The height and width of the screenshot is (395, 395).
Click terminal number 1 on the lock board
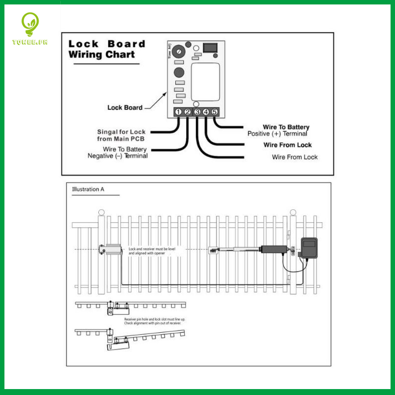tap(178, 112)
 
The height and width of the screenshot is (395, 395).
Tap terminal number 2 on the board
tap(188, 112)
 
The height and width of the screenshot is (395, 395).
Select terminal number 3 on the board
tap(197, 112)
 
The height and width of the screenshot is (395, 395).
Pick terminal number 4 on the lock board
tap(206, 112)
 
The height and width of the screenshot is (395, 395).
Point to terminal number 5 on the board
tap(215, 112)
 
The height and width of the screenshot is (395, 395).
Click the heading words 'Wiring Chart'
tap(101, 54)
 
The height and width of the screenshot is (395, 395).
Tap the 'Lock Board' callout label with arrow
tap(125, 107)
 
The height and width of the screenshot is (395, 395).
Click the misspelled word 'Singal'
tap(108, 132)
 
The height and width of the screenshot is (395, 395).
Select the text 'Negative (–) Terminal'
tap(118, 156)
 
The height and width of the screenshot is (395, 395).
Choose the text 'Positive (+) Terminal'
tap(277, 134)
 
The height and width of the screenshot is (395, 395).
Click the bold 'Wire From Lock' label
tap(287, 145)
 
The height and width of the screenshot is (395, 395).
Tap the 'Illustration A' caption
tap(88, 189)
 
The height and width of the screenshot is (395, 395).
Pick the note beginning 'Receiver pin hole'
tap(153, 321)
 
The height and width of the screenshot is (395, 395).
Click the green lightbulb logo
tap(30, 25)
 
